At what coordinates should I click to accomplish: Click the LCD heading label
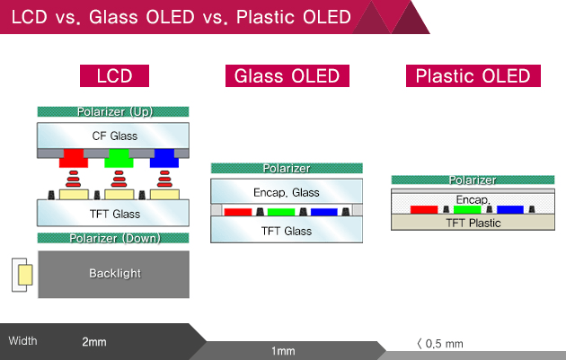114,76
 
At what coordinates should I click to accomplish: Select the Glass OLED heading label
287,76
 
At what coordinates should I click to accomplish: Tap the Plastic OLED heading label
473,76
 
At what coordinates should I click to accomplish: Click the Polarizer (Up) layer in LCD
113,112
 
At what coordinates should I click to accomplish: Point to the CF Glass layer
113,136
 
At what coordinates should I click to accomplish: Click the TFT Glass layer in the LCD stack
113,213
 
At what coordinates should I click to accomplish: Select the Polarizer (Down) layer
113,237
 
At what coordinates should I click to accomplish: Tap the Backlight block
113,273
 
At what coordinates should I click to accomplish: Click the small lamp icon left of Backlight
24,275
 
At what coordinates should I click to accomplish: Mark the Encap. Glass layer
287,192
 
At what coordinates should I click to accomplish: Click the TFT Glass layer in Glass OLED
287,231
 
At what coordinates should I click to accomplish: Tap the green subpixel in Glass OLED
281,213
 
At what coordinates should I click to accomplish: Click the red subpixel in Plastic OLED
424,209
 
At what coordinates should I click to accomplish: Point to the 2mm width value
93,341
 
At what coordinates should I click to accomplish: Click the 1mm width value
283,350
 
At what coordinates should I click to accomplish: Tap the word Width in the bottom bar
23,340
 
